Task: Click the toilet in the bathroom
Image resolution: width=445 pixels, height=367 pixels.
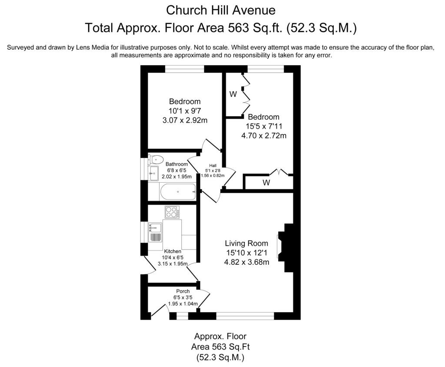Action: coord(156,159)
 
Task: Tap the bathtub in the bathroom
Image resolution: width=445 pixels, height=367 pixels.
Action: coord(178,191)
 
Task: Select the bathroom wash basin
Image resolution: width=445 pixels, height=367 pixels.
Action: coord(153,173)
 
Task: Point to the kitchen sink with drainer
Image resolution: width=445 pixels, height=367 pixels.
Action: coord(155,232)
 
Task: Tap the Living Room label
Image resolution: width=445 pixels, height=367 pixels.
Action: coord(246,243)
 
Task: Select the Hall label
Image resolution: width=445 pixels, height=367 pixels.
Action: coord(213,165)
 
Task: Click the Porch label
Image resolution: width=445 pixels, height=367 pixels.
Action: coord(183,291)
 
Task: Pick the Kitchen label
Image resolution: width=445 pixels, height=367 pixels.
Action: coord(173,251)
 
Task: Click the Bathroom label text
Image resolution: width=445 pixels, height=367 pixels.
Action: coord(177,164)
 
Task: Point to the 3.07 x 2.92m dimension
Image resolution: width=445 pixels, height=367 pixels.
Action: coord(185,120)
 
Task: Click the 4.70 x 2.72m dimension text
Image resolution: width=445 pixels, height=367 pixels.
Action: coord(264,135)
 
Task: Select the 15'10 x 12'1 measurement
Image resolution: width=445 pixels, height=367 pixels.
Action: coord(246,253)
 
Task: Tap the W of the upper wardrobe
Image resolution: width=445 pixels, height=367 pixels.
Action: coord(233,94)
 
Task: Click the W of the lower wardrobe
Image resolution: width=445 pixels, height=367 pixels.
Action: coord(266,183)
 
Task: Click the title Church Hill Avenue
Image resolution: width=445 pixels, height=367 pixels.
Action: coord(221,10)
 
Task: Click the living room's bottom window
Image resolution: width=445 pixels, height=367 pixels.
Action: coord(245,316)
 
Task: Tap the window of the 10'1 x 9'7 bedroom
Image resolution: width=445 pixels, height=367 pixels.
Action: coord(185,69)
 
